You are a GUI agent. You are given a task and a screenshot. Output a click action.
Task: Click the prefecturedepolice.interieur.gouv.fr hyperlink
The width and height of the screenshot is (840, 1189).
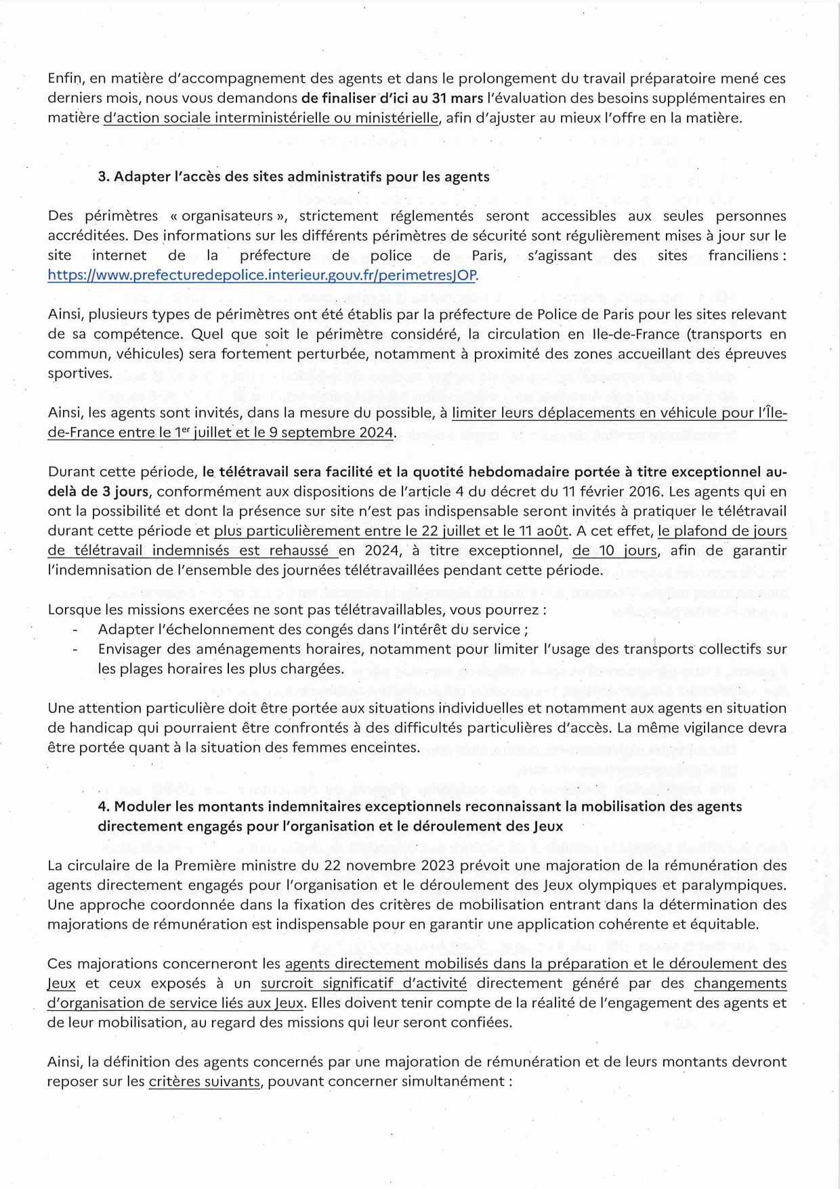click(263, 275)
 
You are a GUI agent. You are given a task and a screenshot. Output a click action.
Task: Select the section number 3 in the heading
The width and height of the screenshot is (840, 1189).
click(102, 177)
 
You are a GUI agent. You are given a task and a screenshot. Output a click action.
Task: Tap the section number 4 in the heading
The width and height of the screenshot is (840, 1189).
click(102, 806)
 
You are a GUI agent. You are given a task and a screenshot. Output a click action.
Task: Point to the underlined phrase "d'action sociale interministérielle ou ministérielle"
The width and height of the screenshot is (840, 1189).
click(271, 118)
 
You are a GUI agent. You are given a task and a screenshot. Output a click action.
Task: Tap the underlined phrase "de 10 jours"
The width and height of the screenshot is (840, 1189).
click(614, 550)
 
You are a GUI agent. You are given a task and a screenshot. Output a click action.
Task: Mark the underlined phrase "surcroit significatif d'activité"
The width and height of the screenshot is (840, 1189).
click(364, 983)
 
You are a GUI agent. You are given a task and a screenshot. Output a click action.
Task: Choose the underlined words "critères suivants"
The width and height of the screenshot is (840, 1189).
click(204, 1081)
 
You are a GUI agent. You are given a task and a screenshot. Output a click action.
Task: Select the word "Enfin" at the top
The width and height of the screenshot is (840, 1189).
click(64, 79)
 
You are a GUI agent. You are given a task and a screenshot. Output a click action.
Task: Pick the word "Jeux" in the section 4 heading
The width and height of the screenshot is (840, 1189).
click(548, 826)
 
